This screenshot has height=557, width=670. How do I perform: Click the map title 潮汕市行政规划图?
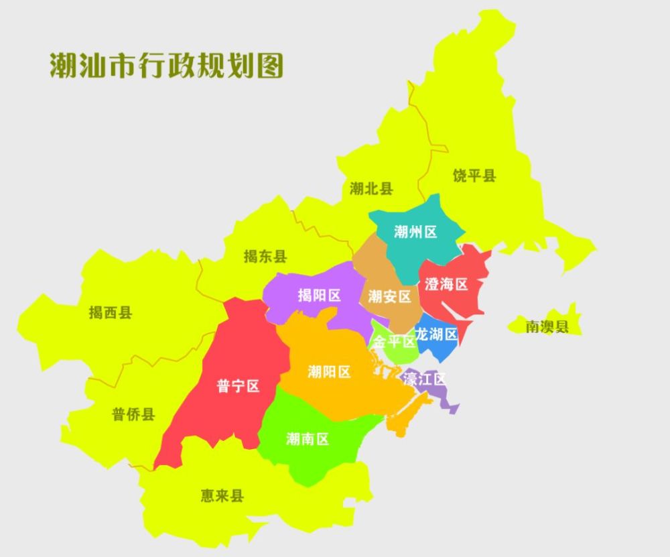(167, 65)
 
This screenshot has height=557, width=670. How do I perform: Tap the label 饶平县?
(474, 176)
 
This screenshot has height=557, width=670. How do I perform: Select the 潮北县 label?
(371, 188)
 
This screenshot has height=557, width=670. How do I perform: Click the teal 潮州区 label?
(415, 232)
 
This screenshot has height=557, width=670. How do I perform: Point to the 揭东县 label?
(265, 256)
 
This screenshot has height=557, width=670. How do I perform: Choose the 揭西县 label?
(111, 312)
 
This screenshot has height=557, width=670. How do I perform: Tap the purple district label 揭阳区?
(319, 296)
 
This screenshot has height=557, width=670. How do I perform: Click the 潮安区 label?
(389, 296)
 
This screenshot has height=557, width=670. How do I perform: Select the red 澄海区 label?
(446, 284)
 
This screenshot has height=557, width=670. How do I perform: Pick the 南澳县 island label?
(546, 326)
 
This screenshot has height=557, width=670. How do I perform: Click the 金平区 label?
(394, 342)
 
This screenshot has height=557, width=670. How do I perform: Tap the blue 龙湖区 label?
(435, 334)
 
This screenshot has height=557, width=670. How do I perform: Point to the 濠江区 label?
(424, 379)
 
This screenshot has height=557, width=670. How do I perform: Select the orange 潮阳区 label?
(329, 371)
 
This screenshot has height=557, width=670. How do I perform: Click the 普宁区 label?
(238, 386)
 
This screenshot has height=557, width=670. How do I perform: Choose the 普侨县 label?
(133, 414)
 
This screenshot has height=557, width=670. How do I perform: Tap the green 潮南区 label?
(308, 439)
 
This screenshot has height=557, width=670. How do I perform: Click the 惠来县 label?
(222, 496)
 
